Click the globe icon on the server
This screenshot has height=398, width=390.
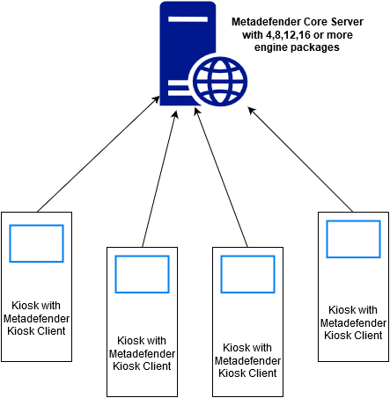[220, 82]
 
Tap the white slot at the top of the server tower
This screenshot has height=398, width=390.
[188, 19]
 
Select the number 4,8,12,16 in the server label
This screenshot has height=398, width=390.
[288, 35]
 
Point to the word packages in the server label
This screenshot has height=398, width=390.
[316, 47]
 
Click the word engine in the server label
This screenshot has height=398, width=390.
[272, 47]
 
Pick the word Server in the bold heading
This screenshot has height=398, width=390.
[347, 22]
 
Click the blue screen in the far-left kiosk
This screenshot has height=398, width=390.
[36, 243]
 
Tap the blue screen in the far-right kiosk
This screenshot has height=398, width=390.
[353, 239]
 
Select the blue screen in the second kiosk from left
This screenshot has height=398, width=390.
[142, 274]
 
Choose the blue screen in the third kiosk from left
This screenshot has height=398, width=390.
[247, 274]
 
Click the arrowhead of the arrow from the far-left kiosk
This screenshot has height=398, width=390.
[157, 99]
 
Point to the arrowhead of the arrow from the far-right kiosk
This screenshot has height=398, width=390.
[251, 110]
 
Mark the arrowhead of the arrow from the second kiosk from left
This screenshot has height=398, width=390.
[176, 113]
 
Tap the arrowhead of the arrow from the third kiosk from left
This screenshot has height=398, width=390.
[197, 111]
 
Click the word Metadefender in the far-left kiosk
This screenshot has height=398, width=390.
[36, 318]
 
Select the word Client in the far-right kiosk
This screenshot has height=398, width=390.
[367, 335]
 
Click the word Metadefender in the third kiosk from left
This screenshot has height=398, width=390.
[247, 360]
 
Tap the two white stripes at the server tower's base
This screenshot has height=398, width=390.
[180, 90]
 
